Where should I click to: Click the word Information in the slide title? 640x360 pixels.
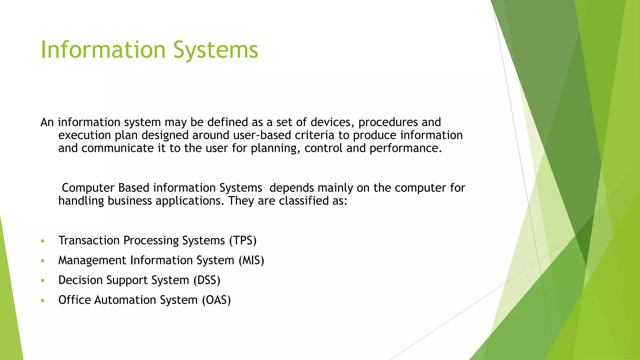coord(103,50)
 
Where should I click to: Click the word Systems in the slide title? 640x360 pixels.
coord(216,50)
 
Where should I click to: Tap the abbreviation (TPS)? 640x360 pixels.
coord(243,241)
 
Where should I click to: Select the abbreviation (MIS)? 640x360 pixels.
coord(252,260)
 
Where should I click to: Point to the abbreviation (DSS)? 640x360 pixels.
coord(207,280)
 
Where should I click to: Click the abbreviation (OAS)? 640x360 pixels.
coord(216,300)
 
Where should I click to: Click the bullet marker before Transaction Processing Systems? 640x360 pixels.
coord(42,241)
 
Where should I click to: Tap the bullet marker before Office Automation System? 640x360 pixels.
coord(42,301)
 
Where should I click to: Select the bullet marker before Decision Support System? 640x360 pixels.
coord(42,281)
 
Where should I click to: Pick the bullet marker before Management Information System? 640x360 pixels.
coord(42,261)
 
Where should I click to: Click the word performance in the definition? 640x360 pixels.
coord(405,148)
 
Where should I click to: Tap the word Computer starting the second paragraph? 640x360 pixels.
coord(88,188)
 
